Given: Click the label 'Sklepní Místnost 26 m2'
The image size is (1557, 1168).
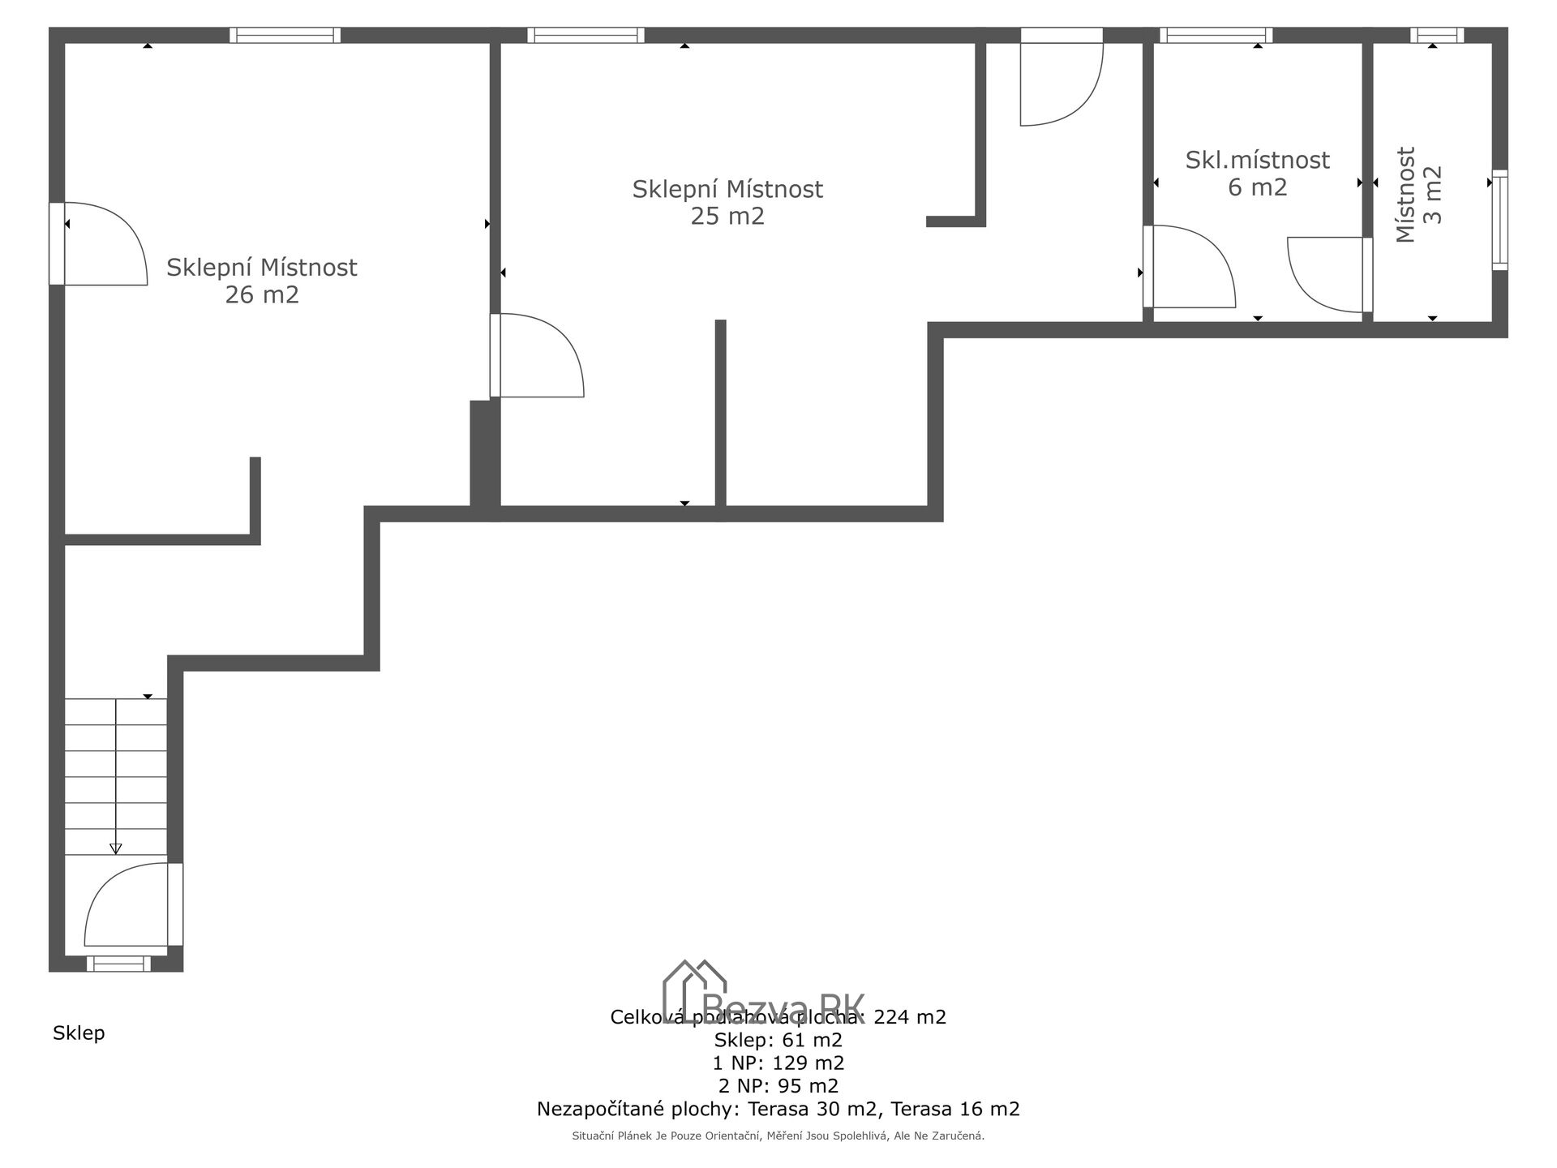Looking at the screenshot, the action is [261, 281].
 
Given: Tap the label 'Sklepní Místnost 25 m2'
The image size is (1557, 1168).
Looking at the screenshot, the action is [727, 203].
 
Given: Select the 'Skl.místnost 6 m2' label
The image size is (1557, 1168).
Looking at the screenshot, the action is [1257, 173].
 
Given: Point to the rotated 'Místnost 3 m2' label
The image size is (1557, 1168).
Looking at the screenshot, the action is [1419, 195].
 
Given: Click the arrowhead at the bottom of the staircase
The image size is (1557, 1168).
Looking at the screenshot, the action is [116, 848].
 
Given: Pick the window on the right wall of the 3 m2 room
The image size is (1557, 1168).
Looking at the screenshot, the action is [1500, 220].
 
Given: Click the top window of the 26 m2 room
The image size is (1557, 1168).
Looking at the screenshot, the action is [285, 35].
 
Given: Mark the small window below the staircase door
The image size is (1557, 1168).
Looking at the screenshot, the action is [118, 964].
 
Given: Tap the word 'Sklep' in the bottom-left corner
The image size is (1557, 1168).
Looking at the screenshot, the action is [79, 1033].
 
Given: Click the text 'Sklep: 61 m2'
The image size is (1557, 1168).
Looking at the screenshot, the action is [778, 1040].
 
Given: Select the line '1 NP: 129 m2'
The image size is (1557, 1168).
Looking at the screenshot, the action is [778, 1063].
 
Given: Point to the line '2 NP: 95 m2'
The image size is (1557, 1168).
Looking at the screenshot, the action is [778, 1085].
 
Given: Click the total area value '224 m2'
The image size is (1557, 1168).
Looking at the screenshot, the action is [910, 1017].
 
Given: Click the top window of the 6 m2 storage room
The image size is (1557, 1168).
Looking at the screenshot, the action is [1216, 35].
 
